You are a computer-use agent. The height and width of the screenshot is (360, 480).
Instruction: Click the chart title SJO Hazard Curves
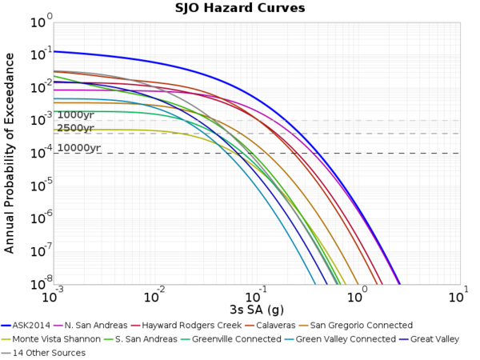pos(240,9)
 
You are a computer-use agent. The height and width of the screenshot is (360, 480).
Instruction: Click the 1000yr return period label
pos(75,115)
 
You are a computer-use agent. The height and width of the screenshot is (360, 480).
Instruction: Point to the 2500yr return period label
pos(75,128)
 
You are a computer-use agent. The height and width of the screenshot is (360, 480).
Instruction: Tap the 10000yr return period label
pos(78,148)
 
